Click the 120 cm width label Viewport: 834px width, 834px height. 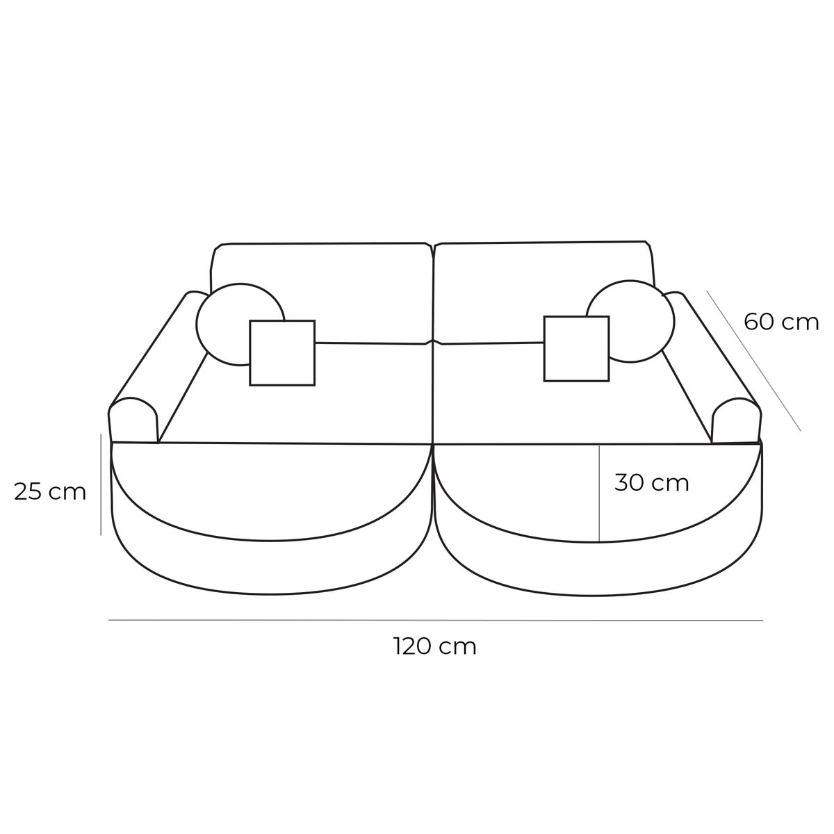coord(435,647)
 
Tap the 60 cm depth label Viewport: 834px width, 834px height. coord(781,322)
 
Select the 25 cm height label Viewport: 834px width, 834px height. coord(50,492)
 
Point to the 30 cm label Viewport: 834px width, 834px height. coord(651,482)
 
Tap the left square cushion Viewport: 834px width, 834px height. coord(282,352)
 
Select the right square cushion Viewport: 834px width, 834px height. coord(576,348)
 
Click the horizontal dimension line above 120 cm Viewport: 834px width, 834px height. coord(435,619)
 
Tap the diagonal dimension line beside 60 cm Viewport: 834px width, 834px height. coord(754,361)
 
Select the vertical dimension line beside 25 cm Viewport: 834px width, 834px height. coord(101,485)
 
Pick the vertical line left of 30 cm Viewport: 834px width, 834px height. coord(599,493)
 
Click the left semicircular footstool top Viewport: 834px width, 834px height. coord(271,486)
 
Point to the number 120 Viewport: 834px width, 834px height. coord(416,647)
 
